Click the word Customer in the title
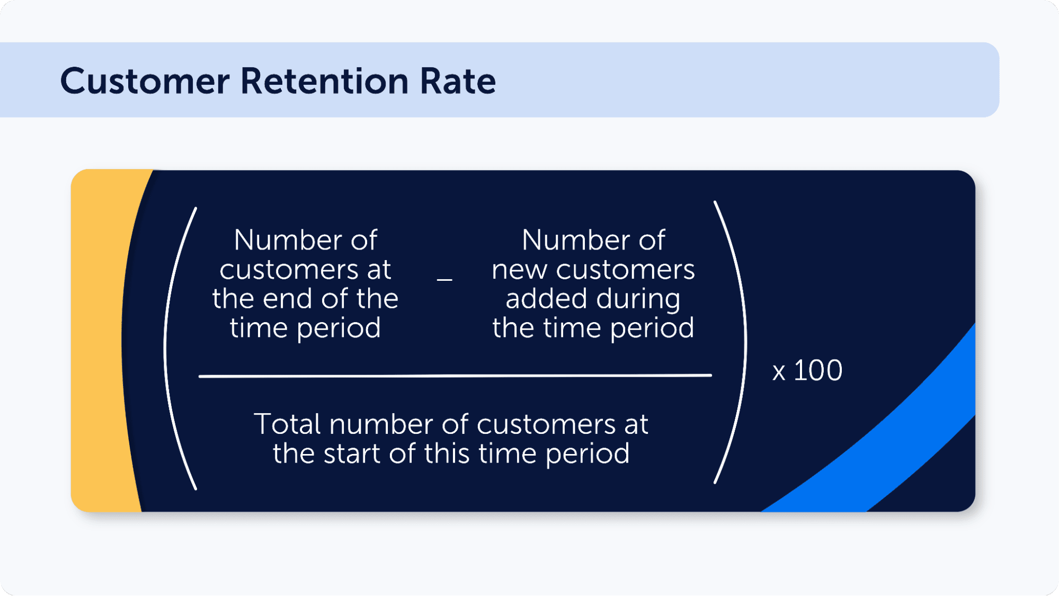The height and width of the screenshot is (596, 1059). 145,82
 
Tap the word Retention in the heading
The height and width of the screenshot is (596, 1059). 324,82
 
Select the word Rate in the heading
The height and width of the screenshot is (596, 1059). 458,82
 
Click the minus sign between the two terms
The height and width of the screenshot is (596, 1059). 444,279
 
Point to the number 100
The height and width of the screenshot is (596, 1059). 818,370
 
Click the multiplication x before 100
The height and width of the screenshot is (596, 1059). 778,372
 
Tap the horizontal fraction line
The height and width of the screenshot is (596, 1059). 455,376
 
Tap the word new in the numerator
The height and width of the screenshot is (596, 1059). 519,270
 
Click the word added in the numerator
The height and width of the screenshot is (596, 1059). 546,299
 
